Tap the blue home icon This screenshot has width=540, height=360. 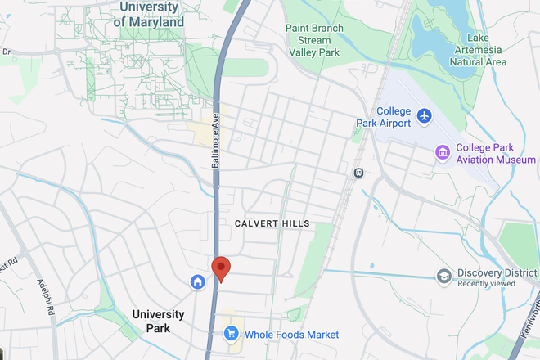coord(197,282)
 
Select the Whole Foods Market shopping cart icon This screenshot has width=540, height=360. coord(232,333)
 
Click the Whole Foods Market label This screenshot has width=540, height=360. coord(290,335)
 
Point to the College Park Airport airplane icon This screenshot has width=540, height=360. coord(424,115)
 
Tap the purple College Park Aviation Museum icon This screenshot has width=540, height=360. coord(443,152)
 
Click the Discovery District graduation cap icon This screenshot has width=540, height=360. coord(444,275)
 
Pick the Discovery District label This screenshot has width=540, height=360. coord(495,273)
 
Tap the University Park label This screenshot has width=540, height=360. coord(158,321)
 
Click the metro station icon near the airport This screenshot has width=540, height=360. coord(358,173)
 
